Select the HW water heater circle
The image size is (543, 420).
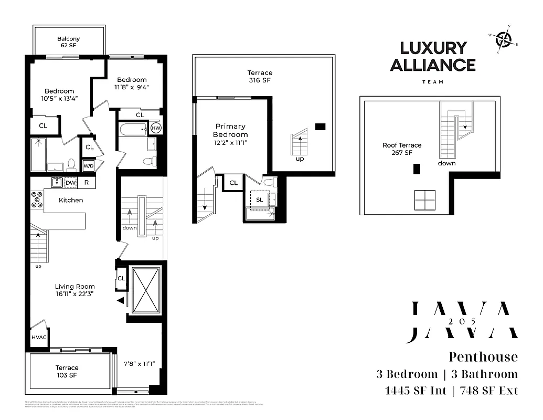(x=156, y=128)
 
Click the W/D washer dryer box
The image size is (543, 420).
(x=89, y=166)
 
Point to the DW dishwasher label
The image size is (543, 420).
(x=71, y=183)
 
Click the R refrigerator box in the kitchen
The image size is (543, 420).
(x=87, y=183)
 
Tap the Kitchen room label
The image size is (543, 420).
(x=71, y=200)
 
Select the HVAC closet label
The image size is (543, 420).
(x=39, y=337)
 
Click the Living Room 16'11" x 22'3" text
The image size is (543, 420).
(x=75, y=291)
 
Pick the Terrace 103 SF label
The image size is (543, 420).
(x=67, y=372)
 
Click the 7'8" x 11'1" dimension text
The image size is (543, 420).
(x=139, y=363)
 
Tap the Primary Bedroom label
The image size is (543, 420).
(x=230, y=130)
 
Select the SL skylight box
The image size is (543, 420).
(x=260, y=199)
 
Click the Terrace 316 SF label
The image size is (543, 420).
(x=260, y=77)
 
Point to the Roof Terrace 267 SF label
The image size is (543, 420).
(x=402, y=149)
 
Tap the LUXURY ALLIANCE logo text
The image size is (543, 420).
(x=438, y=57)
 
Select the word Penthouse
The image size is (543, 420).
(x=483, y=357)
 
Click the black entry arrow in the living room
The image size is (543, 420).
(x=121, y=300)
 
